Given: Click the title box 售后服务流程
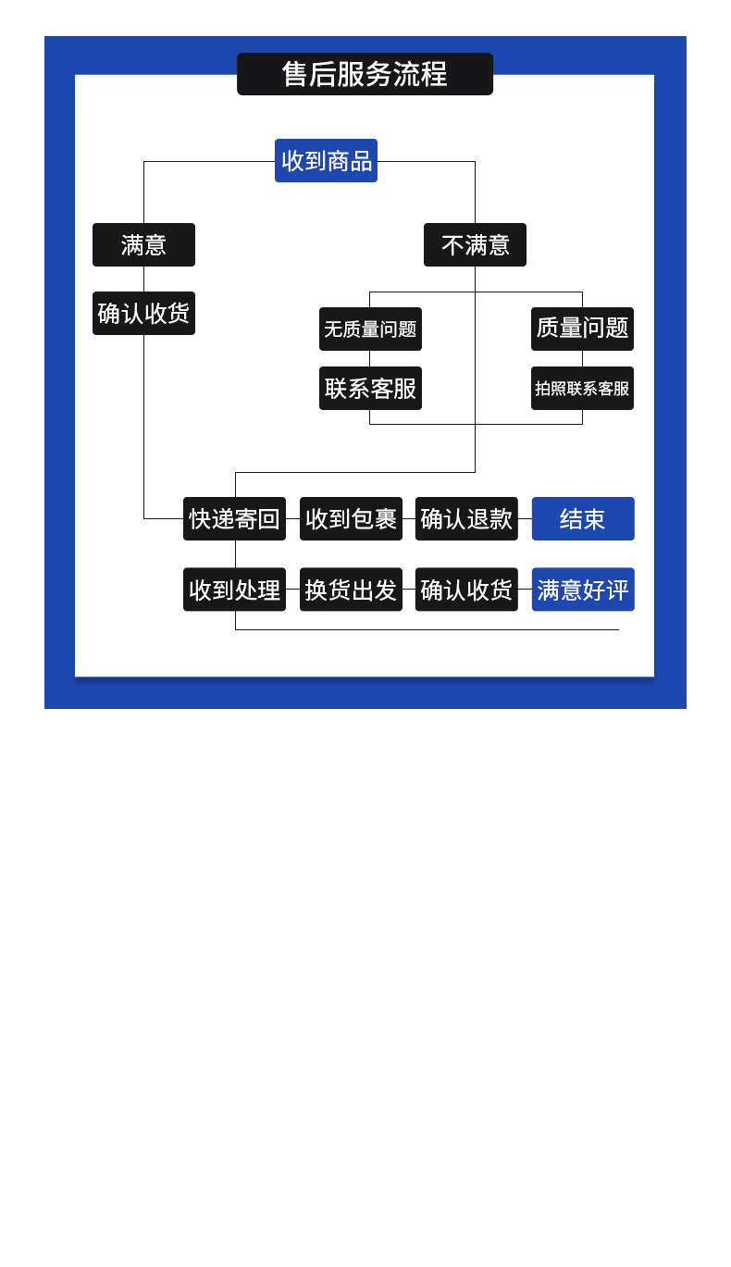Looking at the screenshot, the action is [365, 74].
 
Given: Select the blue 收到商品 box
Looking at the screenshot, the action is [326, 160].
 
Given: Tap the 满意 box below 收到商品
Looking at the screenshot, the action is [143, 244].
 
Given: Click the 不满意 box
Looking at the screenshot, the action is [475, 244].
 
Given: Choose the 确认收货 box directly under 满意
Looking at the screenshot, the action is [143, 313].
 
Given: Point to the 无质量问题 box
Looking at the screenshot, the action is [370, 329].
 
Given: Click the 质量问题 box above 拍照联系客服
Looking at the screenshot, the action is [582, 329].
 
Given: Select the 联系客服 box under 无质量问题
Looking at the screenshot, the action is [370, 388].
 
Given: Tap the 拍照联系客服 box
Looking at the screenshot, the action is [582, 388].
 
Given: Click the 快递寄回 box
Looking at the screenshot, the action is [234, 518].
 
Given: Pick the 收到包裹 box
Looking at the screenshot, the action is [351, 518].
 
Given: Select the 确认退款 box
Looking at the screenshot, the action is [466, 518].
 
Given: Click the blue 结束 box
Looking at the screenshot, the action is [583, 518].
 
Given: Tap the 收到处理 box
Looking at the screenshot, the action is [234, 589].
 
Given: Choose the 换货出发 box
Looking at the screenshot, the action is [351, 589].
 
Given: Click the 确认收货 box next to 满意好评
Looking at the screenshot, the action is [466, 589].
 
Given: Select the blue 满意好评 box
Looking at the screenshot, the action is [583, 589].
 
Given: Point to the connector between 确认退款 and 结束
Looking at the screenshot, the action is [525, 518].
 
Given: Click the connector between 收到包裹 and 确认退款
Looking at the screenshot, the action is [409, 518].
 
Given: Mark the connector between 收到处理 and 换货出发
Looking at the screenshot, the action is [292, 589].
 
